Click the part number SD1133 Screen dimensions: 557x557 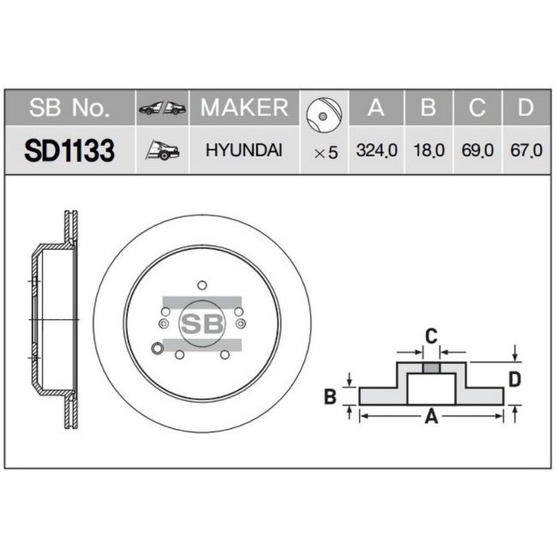(68, 150)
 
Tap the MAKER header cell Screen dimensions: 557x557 (243, 108)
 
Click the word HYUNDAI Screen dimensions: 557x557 (243, 150)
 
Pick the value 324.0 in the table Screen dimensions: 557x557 (376, 150)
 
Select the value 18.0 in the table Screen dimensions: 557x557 (428, 150)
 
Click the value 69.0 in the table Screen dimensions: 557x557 (477, 150)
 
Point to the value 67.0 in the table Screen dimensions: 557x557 (525, 150)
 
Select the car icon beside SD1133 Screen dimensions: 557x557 (162, 150)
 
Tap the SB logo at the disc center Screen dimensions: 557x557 (201, 323)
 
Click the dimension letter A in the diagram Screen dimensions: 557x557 (431, 415)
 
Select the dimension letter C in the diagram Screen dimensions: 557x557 (430, 336)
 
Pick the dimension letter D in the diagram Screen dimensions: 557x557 (515, 380)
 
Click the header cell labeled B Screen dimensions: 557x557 (428, 108)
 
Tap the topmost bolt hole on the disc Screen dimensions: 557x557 (202, 286)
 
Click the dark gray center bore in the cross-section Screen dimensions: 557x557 (430, 367)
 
